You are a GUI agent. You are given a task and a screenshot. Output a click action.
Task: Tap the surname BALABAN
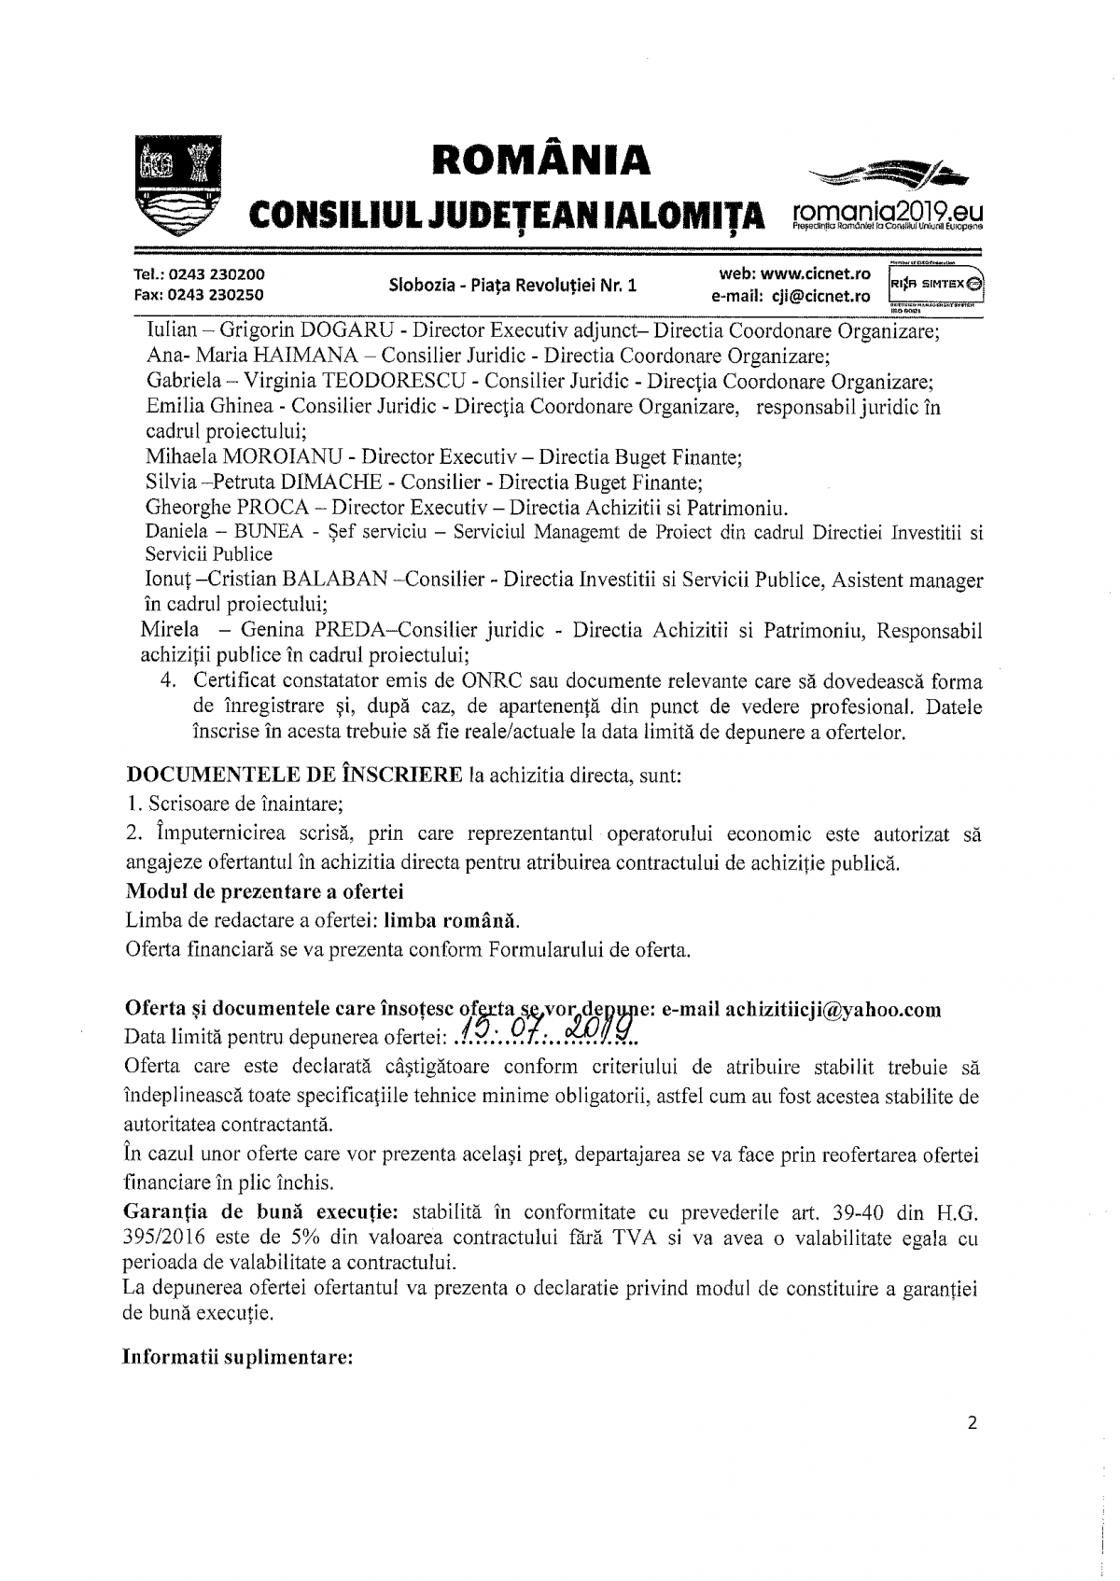tap(336, 581)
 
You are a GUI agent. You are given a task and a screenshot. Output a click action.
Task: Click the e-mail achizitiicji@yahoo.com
tap(833, 1010)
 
